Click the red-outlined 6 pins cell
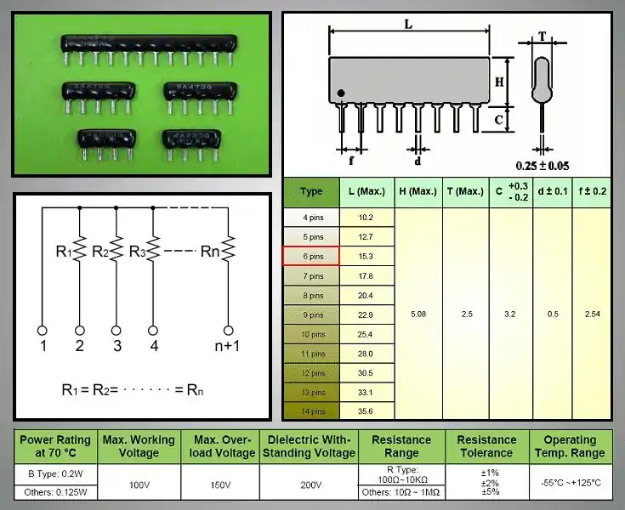tap(311, 256)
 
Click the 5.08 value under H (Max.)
tap(418, 314)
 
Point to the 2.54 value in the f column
tap(592, 314)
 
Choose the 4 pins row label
tap(311, 217)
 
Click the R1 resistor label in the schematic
tap(65, 251)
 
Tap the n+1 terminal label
tap(228, 346)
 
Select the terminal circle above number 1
tap(43, 329)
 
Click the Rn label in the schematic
tap(209, 251)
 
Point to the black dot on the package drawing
tap(341, 93)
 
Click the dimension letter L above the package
tap(409, 25)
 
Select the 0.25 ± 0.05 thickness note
tap(543, 165)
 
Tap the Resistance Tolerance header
tap(486, 446)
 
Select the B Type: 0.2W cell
tap(57, 473)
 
